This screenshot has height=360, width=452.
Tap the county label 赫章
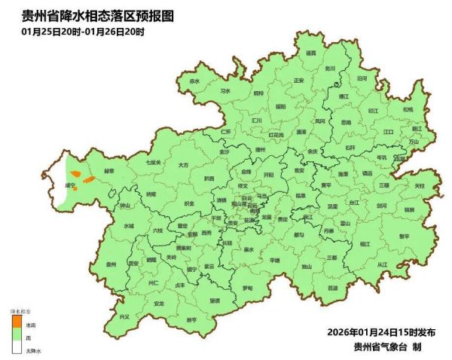click(108, 171)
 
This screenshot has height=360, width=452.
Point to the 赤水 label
click(194, 81)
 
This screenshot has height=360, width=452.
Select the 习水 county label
click(224, 90)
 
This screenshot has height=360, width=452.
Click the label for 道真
click(310, 53)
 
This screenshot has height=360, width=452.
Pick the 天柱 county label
click(420, 185)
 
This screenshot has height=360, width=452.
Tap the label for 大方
click(183, 163)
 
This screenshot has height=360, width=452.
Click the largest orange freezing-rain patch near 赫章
click(87, 180)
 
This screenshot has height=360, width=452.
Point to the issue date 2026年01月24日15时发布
click(381, 332)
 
